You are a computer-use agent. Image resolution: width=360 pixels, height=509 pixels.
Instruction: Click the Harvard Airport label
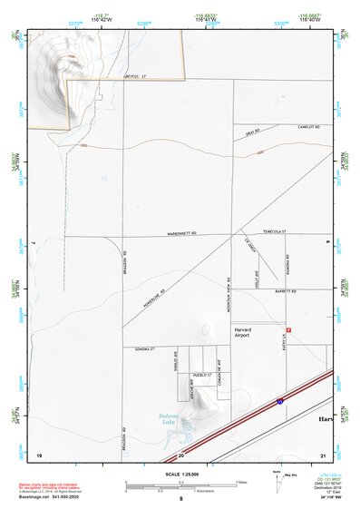241,332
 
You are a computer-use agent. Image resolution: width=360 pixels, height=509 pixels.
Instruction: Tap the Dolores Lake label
161,420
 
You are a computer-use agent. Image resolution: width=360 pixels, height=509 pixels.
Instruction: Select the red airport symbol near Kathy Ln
289,328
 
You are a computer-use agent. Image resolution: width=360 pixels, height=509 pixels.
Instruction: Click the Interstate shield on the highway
280,399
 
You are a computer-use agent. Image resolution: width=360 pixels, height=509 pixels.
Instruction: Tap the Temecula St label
270,232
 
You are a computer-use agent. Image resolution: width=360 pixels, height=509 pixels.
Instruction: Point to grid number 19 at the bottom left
39,454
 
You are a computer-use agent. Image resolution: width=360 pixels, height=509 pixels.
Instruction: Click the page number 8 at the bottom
180,498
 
